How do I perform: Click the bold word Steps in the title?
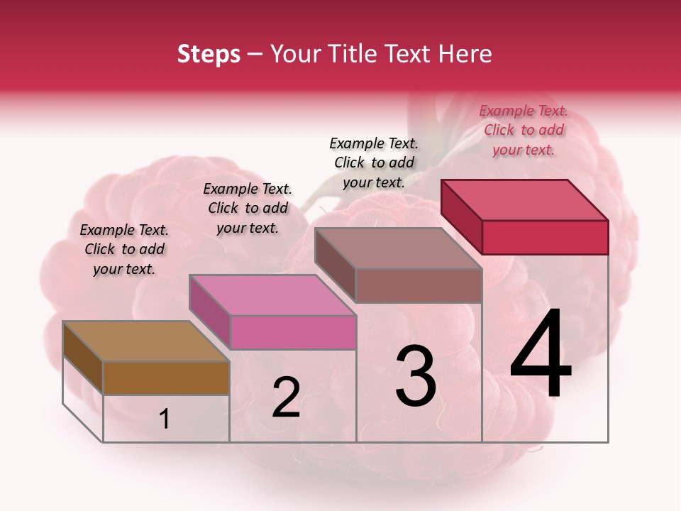click(209, 54)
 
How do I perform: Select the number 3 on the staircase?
click(416, 376)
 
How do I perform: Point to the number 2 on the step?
click(286, 397)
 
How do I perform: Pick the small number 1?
click(165, 419)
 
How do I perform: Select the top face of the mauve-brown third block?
click(399, 248)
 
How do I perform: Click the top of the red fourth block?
click(525, 200)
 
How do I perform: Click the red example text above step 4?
click(524, 130)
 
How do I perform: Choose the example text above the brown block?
click(124, 249)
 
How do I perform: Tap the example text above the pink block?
click(248, 208)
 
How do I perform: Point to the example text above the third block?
click(374, 163)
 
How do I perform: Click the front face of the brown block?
click(166, 378)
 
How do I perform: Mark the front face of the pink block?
click(293, 332)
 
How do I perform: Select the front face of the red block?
click(545, 237)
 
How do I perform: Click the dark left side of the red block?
click(461, 216)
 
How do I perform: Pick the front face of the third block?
click(419, 285)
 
